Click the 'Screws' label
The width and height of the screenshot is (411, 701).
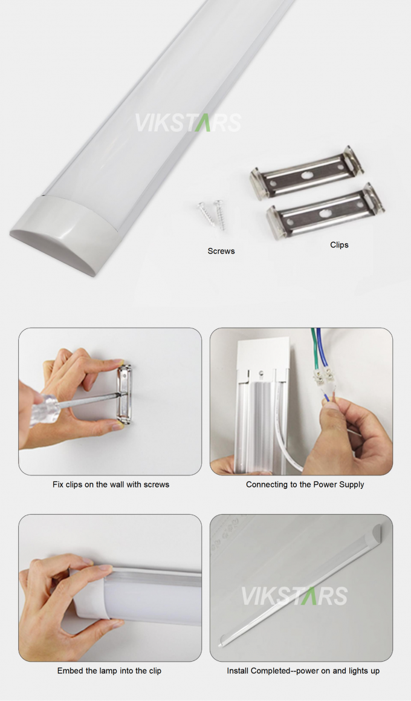[x=221, y=250]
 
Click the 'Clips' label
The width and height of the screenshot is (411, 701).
[x=339, y=245]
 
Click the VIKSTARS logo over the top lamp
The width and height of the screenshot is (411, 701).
[x=187, y=122]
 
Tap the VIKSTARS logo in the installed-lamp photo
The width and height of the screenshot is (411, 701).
[x=294, y=595]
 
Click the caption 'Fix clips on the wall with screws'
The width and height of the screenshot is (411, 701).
[x=111, y=484]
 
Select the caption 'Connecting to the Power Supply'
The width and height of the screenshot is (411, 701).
[x=305, y=484]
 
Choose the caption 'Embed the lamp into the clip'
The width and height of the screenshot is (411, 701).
[x=109, y=671]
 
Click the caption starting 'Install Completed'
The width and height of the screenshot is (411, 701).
[x=303, y=671]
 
